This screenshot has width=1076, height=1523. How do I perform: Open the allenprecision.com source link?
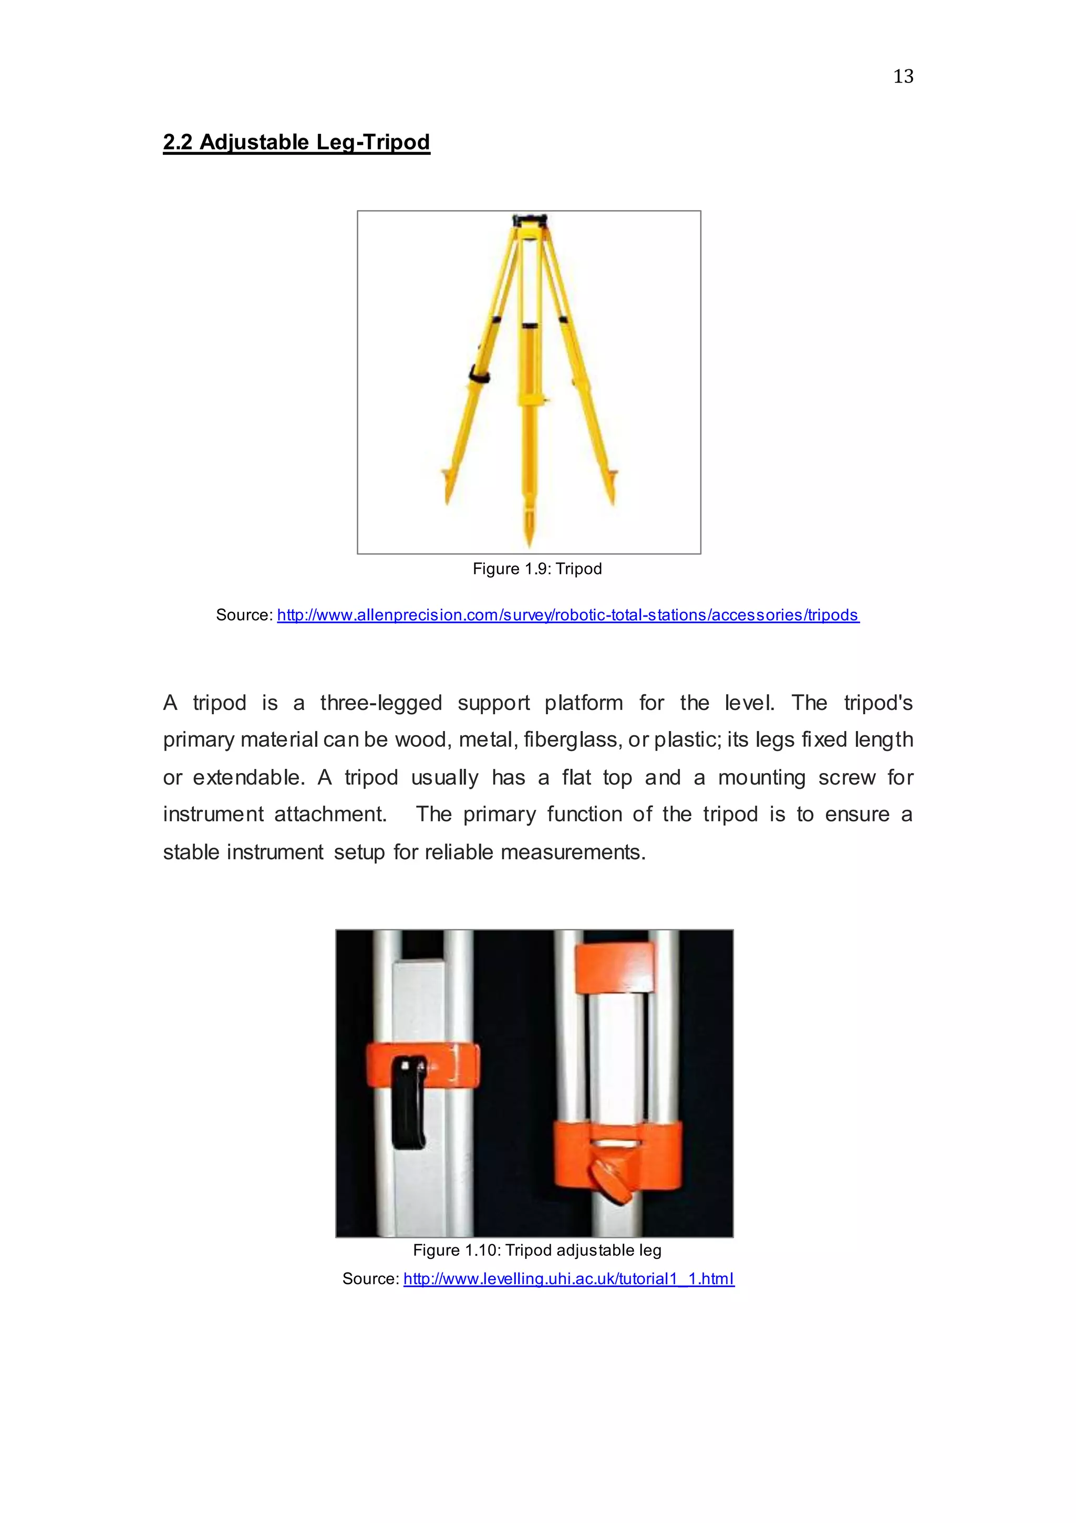point(567,615)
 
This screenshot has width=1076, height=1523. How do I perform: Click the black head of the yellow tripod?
point(529,221)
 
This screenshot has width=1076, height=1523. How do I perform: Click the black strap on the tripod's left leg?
point(479,375)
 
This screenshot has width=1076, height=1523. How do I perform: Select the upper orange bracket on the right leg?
point(614,968)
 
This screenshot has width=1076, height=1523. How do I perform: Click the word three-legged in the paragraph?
point(380,703)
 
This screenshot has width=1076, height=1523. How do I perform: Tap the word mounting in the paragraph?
point(761,777)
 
